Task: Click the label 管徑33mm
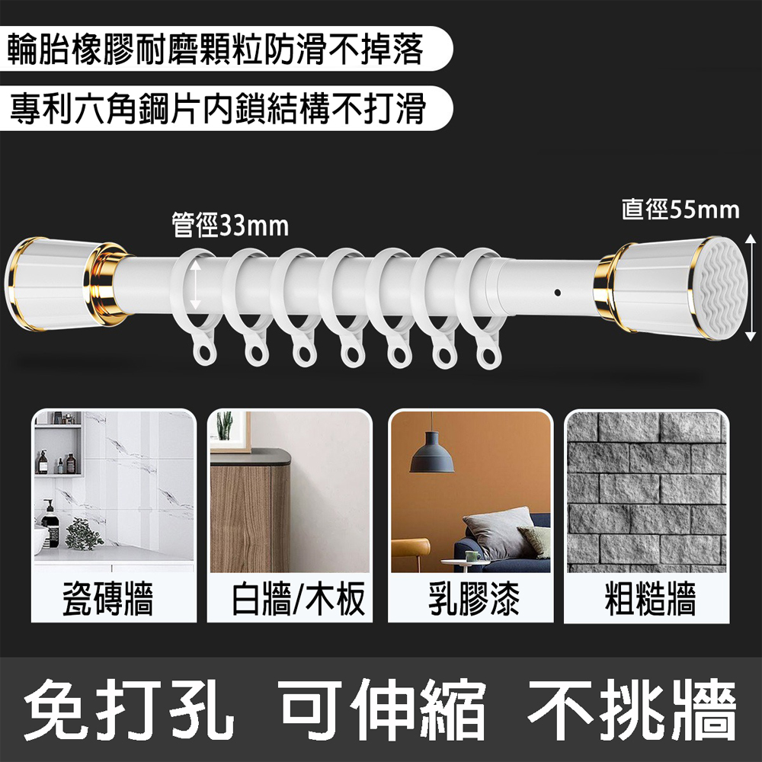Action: [x=230, y=226]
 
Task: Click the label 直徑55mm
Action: [x=680, y=210]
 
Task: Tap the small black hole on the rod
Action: [x=558, y=293]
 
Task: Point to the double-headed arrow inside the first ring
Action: [x=195, y=285]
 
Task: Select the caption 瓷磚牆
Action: [x=108, y=599]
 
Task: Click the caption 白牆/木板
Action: [x=297, y=599]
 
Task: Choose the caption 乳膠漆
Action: [x=473, y=599]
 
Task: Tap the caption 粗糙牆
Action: [x=650, y=599]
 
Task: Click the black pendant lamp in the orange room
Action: [x=431, y=452]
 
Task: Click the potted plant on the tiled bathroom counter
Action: [x=84, y=533]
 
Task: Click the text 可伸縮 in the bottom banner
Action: [x=383, y=709]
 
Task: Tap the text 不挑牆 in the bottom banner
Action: [x=632, y=709]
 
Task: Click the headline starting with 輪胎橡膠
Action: [x=216, y=49]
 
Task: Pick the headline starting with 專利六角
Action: [x=217, y=108]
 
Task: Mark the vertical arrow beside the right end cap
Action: [x=751, y=288]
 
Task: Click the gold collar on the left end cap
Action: [x=104, y=284]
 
